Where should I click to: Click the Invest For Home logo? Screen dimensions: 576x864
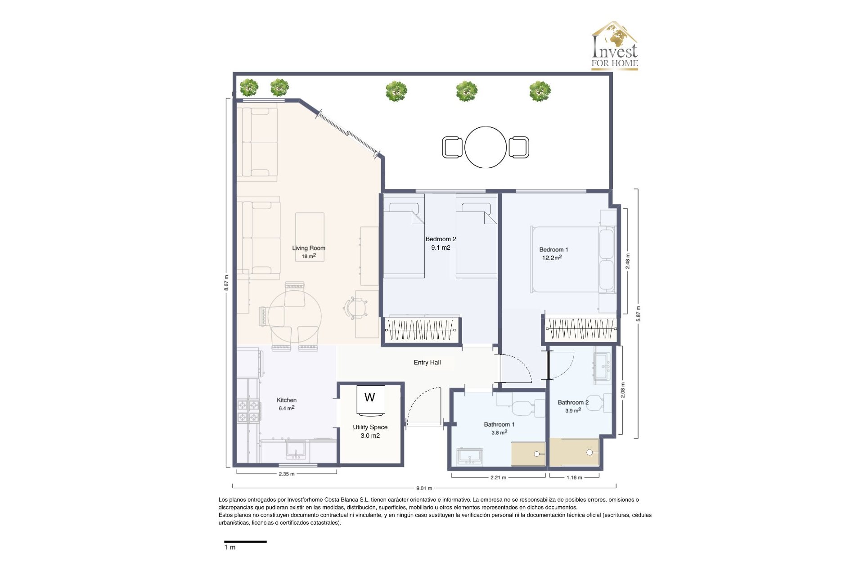(614, 46)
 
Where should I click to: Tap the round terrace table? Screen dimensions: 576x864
(485, 147)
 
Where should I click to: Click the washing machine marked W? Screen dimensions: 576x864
(370, 399)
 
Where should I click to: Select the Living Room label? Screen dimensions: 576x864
(308, 248)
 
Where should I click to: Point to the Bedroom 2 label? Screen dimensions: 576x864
(440, 239)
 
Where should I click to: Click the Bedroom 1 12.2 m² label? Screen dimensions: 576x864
(553, 254)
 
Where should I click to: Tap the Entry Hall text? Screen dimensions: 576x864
(427, 363)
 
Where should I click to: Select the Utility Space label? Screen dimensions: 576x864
(370, 427)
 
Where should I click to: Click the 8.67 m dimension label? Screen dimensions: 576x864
(227, 283)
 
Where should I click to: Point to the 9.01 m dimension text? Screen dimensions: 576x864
(424, 488)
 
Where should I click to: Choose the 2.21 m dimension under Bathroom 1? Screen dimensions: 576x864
(498, 478)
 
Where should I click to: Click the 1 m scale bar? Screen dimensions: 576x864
(245, 542)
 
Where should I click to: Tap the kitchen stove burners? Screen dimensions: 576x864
(248, 411)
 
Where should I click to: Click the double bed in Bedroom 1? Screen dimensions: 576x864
(571, 260)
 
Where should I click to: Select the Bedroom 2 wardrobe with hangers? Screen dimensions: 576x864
(421, 330)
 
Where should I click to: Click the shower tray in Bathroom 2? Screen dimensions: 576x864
(574, 452)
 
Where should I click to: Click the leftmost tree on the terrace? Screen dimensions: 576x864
(249, 87)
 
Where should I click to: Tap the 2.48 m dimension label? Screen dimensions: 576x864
(628, 261)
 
